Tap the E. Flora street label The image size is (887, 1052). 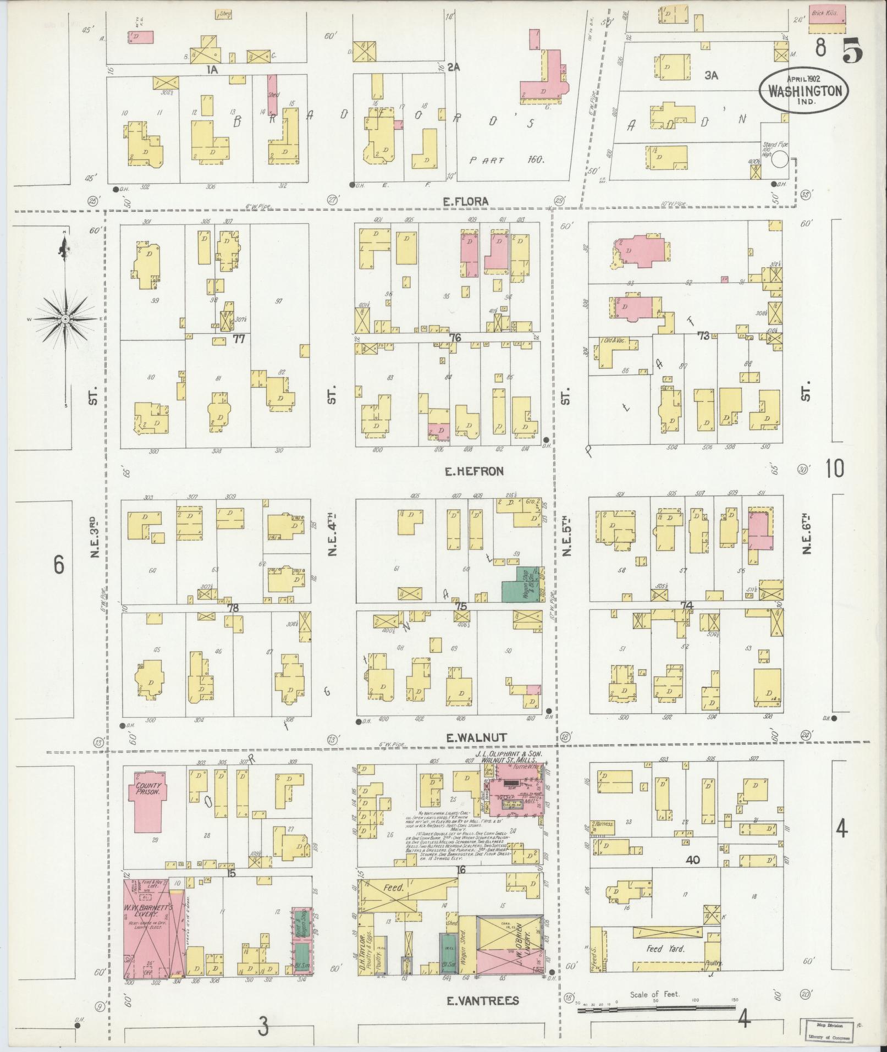coord(465,202)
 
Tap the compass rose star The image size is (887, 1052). coord(65,318)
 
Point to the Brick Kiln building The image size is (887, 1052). coord(827,14)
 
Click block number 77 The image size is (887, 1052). coord(239,339)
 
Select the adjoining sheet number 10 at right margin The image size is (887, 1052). coord(834,469)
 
